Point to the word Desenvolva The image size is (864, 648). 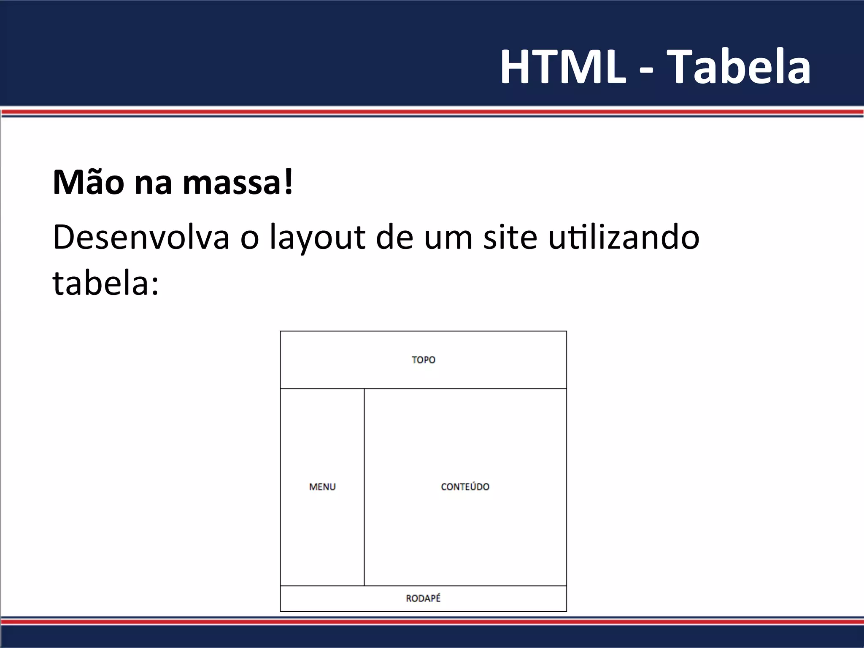point(141,237)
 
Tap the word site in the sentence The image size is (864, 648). point(510,237)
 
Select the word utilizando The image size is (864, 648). point(624,237)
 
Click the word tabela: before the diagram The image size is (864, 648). point(105,283)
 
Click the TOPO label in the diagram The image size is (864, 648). point(424,360)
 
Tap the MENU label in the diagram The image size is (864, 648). point(322,487)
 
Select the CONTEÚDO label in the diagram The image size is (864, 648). point(465,487)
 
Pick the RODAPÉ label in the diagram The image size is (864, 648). point(423,598)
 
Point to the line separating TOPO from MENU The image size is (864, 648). point(322,388)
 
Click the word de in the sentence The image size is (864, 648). point(394,237)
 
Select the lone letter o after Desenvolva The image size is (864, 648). point(249,239)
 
